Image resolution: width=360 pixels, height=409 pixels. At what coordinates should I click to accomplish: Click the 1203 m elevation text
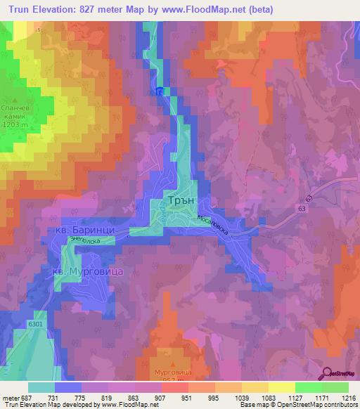15,124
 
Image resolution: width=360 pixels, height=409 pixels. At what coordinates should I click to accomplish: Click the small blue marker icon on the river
160,92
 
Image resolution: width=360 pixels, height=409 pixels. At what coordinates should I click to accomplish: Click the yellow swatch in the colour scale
281,387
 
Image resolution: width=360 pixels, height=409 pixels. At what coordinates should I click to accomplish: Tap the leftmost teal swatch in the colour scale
41,387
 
